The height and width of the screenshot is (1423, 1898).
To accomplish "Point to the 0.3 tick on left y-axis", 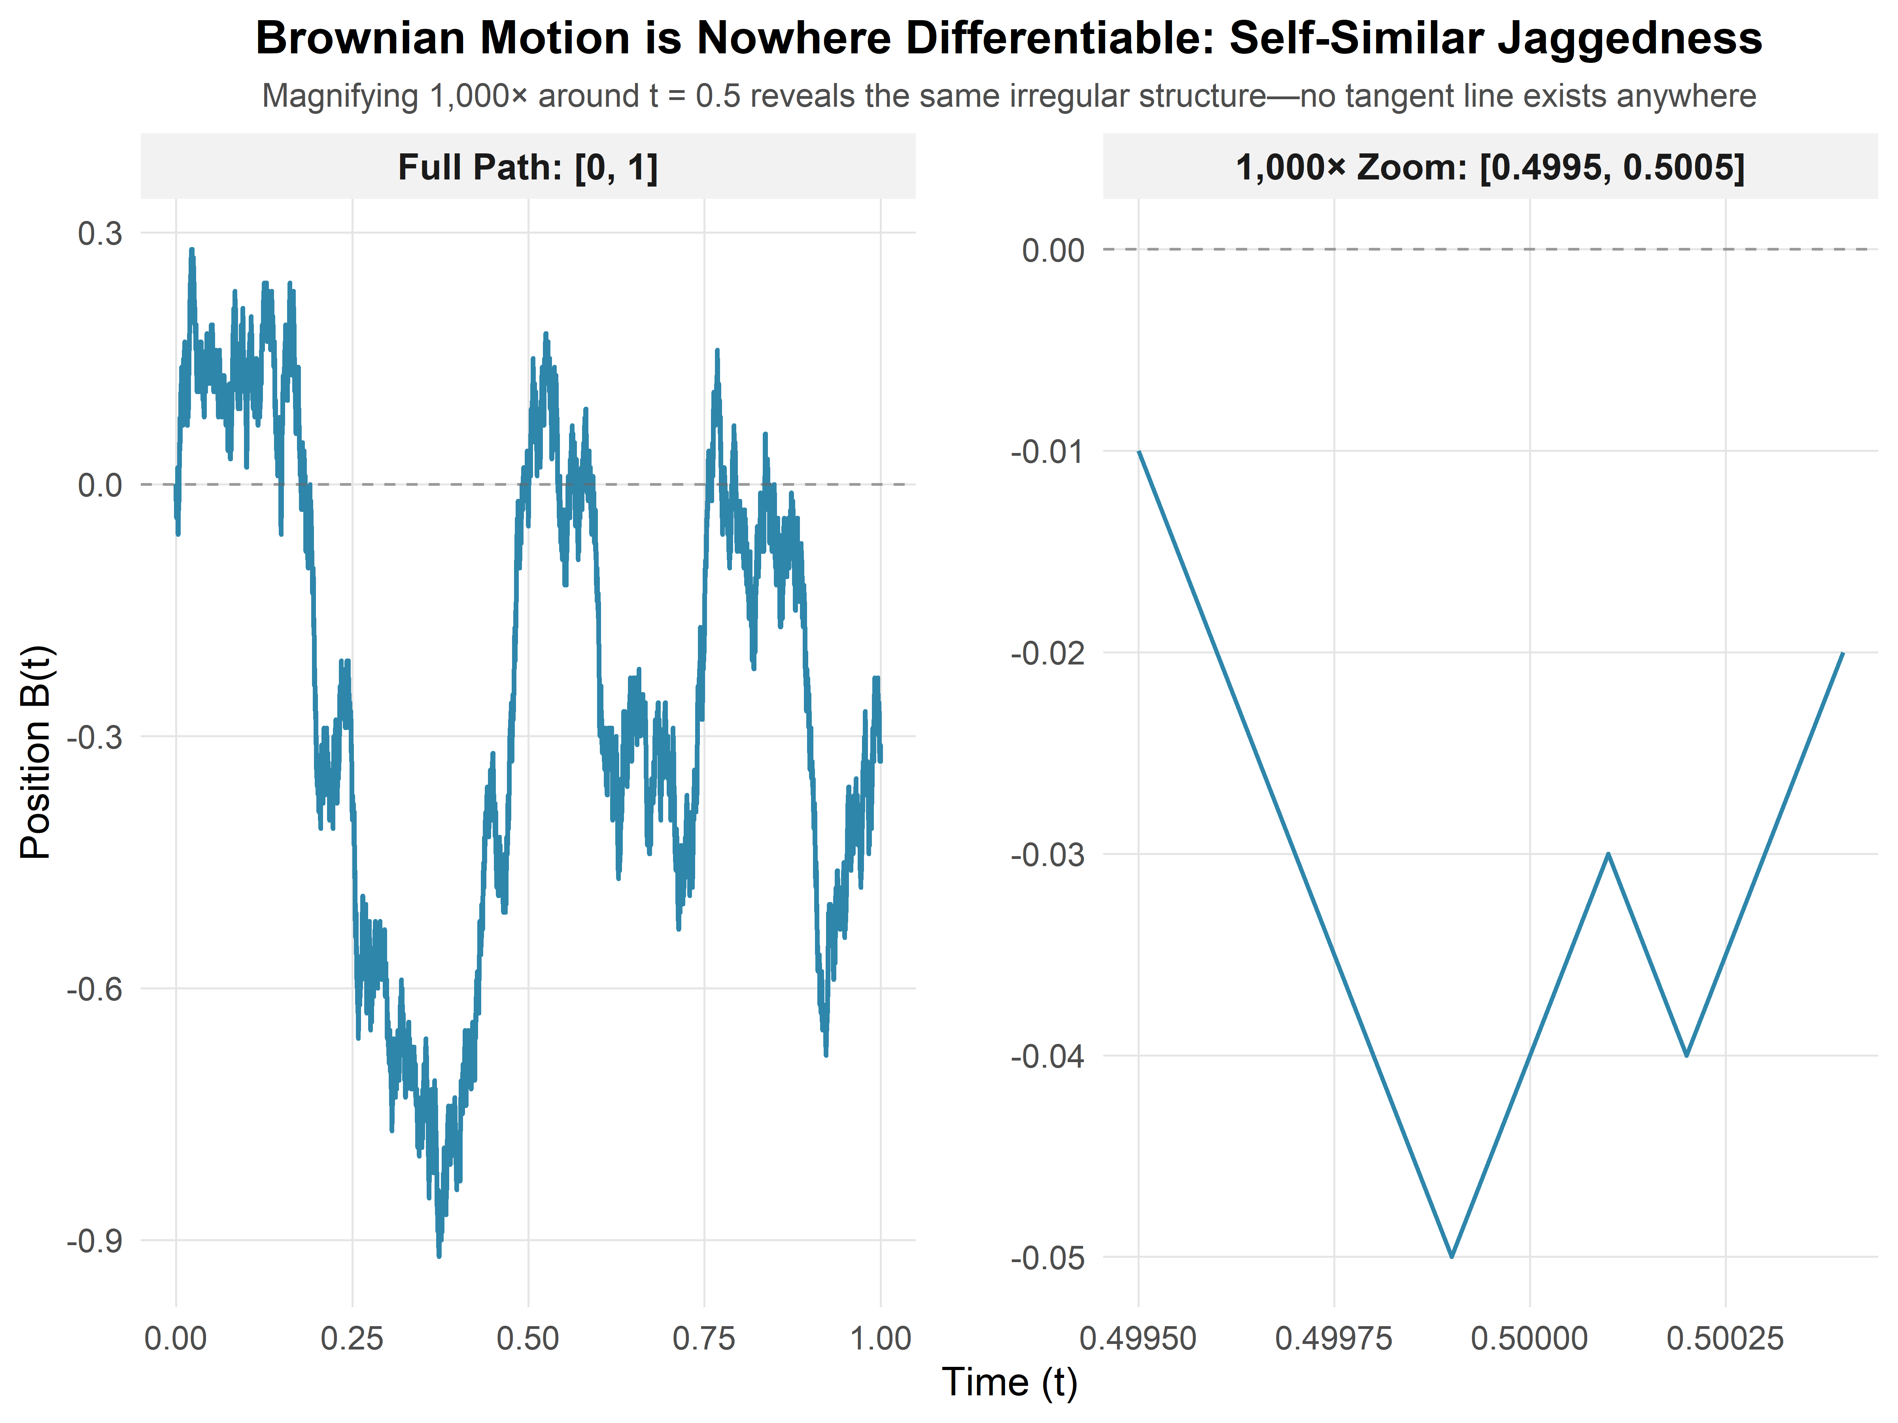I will pos(100,233).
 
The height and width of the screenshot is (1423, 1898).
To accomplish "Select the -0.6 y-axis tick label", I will pos(95,989).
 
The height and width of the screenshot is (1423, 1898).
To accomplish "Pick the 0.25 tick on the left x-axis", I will pos(352,1338).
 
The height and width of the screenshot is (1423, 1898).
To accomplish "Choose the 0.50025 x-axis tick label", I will pos(1725,1338).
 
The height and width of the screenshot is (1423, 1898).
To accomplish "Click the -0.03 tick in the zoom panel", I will pos(1047,854).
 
